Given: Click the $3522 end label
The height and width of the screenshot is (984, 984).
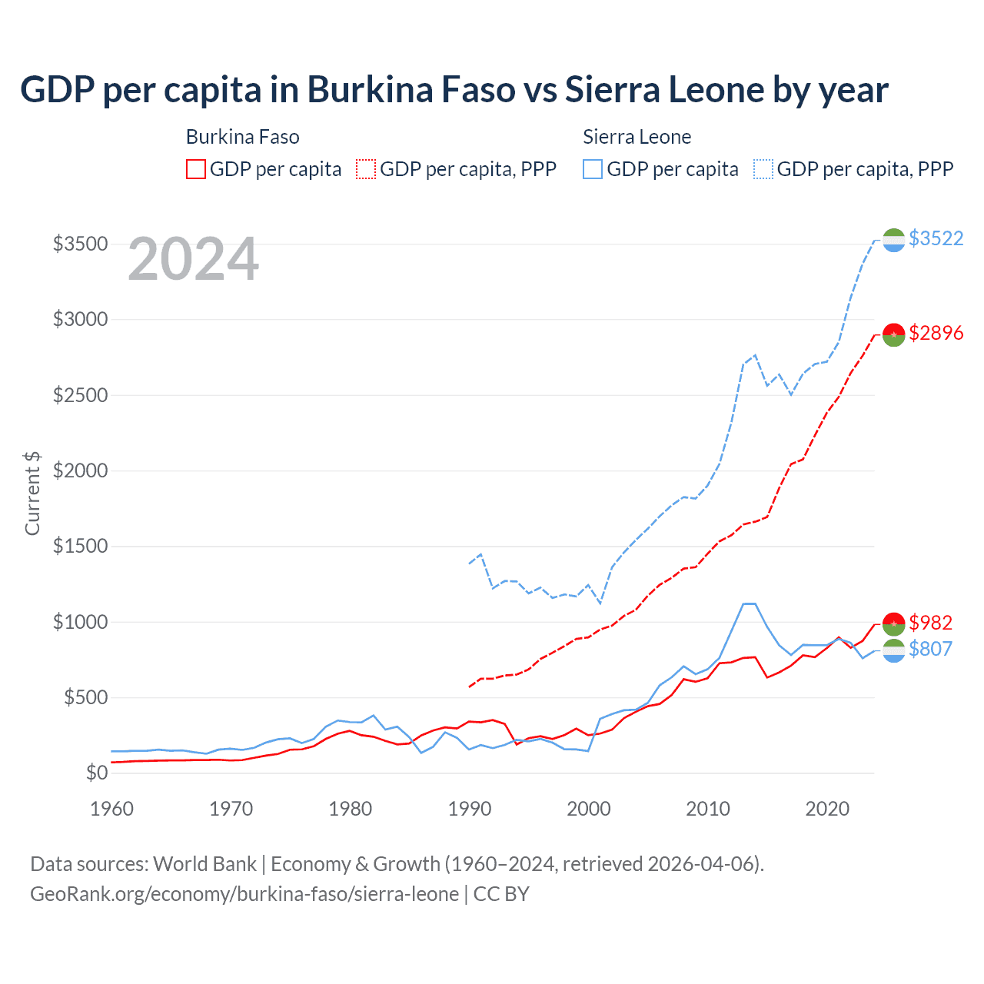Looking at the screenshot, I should click(x=936, y=238).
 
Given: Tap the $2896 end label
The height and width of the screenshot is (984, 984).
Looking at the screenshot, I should click(x=936, y=333).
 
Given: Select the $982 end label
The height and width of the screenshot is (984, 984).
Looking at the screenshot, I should click(x=930, y=622).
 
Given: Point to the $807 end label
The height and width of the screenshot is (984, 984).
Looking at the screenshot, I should click(x=930, y=649).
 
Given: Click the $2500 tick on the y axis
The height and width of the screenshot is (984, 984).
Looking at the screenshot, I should click(x=80, y=395).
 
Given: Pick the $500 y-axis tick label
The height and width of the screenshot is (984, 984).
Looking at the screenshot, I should click(x=85, y=697).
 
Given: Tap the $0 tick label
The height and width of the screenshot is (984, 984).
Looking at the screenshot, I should click(x=96, y=773).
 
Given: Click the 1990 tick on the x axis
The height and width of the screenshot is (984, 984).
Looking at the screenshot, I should click(x=470, y=809).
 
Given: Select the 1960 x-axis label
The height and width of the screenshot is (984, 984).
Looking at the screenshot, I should click(x=112, y=809).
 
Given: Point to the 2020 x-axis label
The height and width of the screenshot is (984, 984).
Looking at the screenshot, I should click(x=827, y=809).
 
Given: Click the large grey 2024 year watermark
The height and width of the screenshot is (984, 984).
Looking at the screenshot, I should click(x=193, y=259).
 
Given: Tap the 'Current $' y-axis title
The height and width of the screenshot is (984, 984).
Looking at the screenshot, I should click(x=32, y=494).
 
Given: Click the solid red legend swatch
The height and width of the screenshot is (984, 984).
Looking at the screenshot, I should click(x=196, y=169).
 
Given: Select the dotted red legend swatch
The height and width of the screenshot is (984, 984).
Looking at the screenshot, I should click(x=367, y=169).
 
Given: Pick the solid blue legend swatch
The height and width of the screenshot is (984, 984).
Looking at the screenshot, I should click(x=593, y=169).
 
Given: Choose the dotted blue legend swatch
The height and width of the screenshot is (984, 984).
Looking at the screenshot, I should click(x=763, y=169).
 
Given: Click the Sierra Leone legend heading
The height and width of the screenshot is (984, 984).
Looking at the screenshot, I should click(x=637, y=137).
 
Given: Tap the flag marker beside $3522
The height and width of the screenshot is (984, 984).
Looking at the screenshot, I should click(x=893, y=240).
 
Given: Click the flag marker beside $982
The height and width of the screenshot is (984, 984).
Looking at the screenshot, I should click(x=893, y=622).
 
